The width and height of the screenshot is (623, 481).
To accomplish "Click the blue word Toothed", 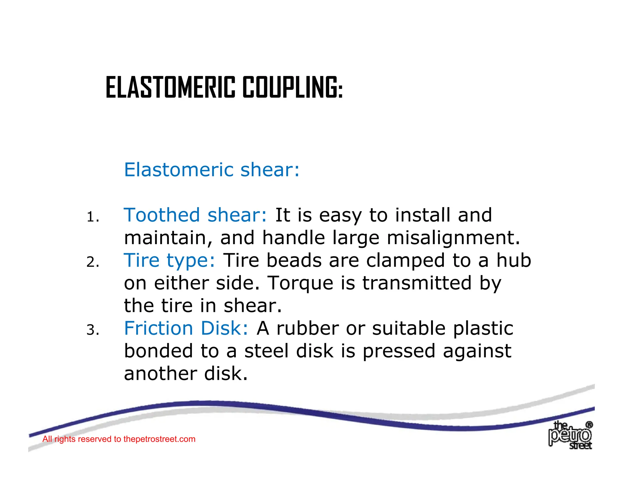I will (162, 215).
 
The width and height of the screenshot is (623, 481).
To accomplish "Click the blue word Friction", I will (158, 328).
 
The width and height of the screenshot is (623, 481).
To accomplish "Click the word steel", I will (266, 351).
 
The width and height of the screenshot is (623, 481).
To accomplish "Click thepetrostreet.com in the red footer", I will (159, 439).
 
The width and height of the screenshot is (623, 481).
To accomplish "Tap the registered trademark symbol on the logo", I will (589, 424).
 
